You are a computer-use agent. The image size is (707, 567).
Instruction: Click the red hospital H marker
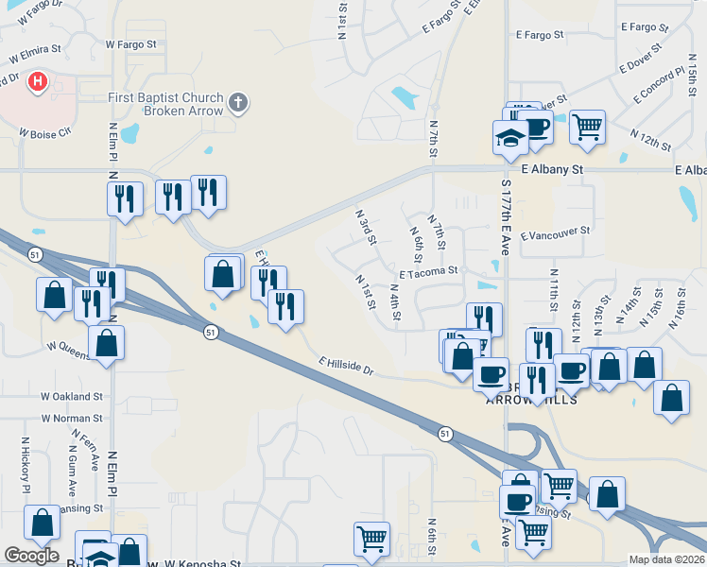(38, 82)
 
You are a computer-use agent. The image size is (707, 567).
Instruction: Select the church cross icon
(239, 102)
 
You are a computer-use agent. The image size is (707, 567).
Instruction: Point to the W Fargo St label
(130, 44)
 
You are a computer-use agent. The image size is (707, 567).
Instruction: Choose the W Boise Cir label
(44, 132)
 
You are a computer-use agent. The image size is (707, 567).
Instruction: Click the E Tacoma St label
(428, 270)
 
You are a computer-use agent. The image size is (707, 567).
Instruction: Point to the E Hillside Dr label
(347, 367)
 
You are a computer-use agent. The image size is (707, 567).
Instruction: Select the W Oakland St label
(71, 396)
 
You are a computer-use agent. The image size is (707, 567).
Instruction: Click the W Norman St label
(71, 418)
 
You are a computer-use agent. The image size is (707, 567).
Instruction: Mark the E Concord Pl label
(652, 85)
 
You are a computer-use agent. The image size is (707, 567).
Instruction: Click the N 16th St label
(677, 309)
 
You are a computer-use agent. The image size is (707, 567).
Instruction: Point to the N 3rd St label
(366, 228)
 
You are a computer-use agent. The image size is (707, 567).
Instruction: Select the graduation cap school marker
(510, 138)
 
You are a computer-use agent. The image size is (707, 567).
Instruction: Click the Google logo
(31, 556)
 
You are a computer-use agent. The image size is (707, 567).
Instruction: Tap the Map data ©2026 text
(666, 559)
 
